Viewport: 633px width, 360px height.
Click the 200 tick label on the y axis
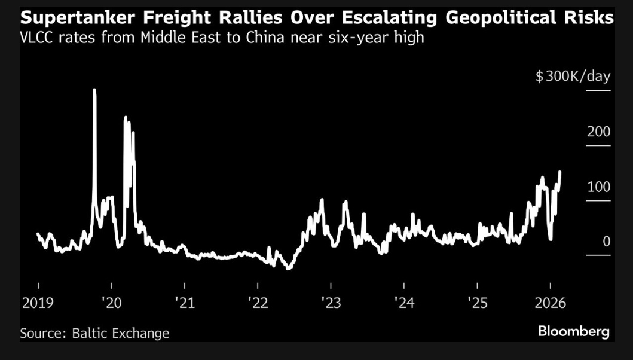(598, 132)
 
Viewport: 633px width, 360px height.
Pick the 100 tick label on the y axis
(598, 187)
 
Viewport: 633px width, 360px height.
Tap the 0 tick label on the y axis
(606, 242)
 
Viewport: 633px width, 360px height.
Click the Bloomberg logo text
(573, 331)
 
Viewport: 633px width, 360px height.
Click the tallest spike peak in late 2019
(94, 90)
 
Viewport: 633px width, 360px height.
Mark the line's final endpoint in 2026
(560, 172)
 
